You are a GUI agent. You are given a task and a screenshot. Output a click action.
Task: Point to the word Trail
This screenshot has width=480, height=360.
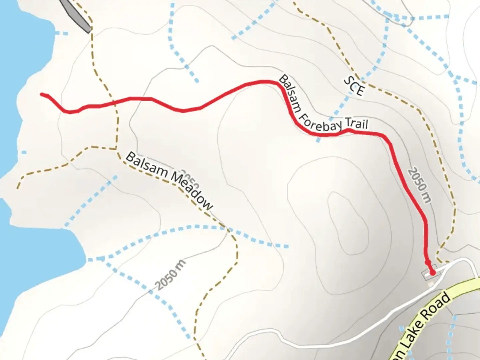click(357, 124)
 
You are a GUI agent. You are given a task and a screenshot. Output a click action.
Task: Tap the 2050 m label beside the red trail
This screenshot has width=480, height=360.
click(419, 185)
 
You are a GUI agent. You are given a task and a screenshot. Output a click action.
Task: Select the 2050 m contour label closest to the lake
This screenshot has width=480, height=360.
click(170, 275)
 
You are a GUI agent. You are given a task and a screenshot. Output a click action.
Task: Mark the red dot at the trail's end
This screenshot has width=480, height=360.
click(432, 273)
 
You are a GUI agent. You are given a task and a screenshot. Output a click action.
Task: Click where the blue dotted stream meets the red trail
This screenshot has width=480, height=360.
click(320, 135)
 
